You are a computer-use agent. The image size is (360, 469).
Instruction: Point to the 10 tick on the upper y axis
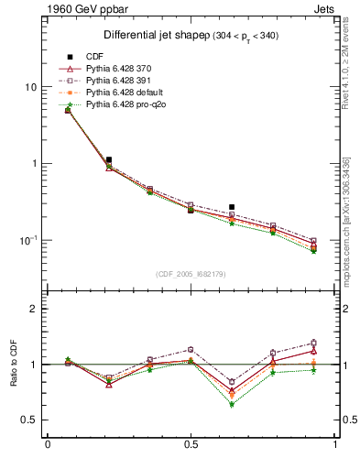click(x=29, y=86)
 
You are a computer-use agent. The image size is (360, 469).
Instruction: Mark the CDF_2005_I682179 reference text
click(x=191, y=273)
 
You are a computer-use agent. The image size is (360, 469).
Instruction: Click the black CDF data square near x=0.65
click(x=232, y=207)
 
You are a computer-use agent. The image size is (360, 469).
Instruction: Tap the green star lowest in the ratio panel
click(x=232, y=404)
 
